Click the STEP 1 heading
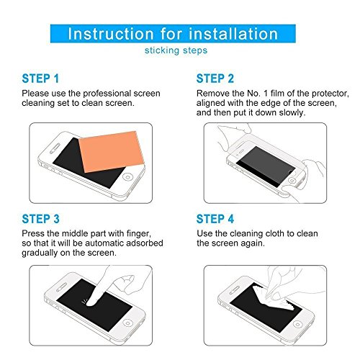tap(40, 78)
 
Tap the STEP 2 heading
tap(215, 78)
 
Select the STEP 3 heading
tap(40, 219)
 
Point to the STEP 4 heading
tap(215, 219)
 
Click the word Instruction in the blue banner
tap(111, 34)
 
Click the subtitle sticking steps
tap(176, 50)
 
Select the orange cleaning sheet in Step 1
tap(112, 152)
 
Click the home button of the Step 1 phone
tap(127, 177)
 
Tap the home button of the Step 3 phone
tap(128, 323)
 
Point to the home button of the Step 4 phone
tap(297, 325)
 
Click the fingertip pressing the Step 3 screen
tap(90, 303)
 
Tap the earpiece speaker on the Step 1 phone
tap(55, 149)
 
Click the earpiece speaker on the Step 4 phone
tap(235, 290)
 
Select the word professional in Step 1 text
tap(107, 94)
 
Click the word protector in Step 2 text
tap(330, 94)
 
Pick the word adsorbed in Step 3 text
tap(145, 243)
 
